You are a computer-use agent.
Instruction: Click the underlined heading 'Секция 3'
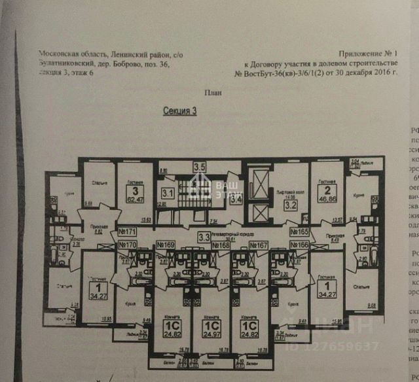[x=179, y=111]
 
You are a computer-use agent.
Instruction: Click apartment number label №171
[x=126, y=231]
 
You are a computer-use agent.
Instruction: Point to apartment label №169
[x=166, y=246]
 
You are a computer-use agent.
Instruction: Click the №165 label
[x=299, y=231]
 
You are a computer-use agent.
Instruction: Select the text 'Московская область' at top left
[x=71, y=55]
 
